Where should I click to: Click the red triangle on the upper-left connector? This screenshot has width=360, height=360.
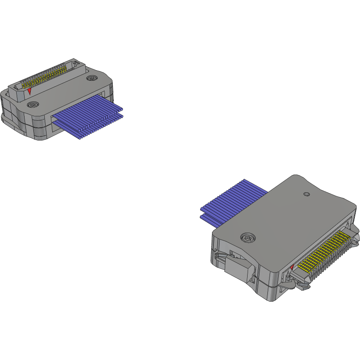29,91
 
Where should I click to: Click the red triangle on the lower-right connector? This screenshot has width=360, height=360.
292,266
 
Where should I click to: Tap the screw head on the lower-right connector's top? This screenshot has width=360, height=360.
248,238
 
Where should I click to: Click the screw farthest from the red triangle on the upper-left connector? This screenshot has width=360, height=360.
91,78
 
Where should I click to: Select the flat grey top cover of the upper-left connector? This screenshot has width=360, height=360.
70,92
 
